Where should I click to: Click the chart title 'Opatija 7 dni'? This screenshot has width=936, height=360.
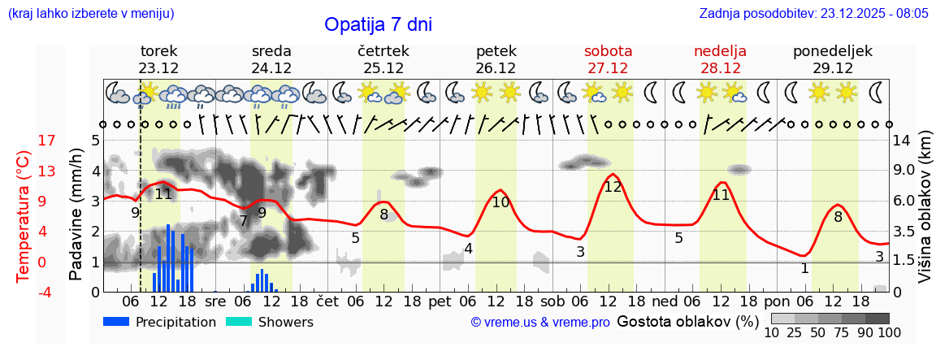pos(378,24)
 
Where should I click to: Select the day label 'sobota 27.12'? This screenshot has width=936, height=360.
pos(608,59)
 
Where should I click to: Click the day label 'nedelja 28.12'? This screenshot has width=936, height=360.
pos(720,59)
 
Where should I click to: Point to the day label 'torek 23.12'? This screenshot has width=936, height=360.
pos(158,59)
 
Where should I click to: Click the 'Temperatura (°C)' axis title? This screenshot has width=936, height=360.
pos(23,215)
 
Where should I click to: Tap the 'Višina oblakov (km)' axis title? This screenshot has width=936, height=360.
pos(925,215)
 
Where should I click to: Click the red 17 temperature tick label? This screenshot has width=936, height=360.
pos(24,141)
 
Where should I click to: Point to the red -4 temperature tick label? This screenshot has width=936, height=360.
pos(24,292)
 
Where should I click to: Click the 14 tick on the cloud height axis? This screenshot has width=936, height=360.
pos(903,141)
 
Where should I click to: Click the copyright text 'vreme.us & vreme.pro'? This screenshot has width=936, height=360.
pos(540,323)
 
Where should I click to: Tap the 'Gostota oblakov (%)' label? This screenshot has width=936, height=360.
pos(687,321)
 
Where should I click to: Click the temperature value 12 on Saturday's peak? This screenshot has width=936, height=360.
pos(613,187)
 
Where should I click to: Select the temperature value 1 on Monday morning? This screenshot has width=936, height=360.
pos(804,268)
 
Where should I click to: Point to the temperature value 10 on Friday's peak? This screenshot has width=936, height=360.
pos(500,202)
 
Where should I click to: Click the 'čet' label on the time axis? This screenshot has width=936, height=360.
pos(327,301)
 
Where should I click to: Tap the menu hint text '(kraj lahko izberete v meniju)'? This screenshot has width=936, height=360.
pos(91,14)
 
